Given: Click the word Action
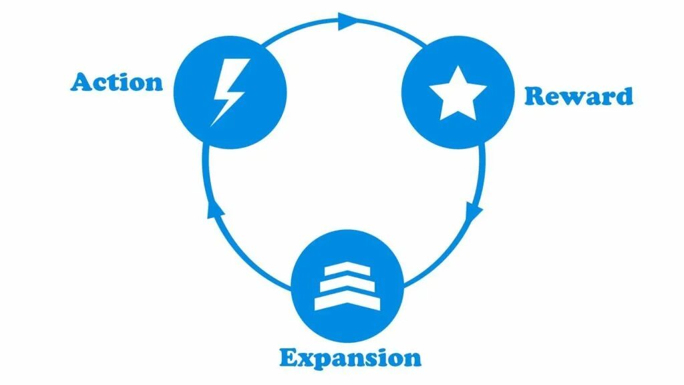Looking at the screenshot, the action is click(x=117, y=82).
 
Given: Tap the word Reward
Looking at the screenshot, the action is click(x=578, y=96).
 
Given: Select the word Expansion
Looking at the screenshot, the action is click(x=351, y=358).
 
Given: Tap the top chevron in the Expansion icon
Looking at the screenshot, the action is click(x=347, y=273).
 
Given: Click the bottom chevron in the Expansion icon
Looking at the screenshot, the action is click(x=347, y=301).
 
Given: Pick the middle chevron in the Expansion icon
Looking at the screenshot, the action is click(x=347, y=287).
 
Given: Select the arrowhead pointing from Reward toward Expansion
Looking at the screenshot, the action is click(x=474, y=213).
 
